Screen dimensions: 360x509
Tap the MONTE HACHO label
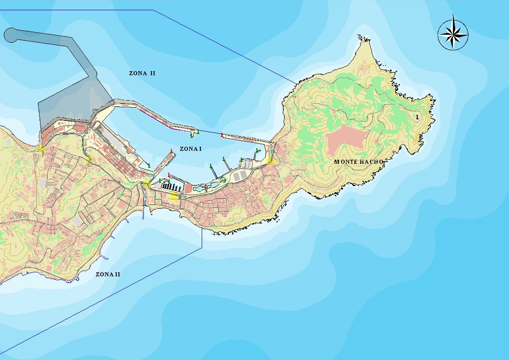point(358,162)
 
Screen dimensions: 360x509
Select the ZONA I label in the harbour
point(191,149)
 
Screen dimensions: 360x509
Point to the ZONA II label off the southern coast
point(108,275)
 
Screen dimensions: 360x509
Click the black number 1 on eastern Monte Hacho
point(417,117)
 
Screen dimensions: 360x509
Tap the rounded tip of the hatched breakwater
point(10,35)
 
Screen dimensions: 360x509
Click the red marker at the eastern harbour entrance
point(222,134)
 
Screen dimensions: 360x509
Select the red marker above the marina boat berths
point(169,175)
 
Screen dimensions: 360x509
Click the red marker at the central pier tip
point(171,151)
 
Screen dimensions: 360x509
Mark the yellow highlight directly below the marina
point(174,196)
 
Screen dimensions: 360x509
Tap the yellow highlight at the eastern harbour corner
point(269,161)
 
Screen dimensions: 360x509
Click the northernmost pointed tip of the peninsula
point(359,37)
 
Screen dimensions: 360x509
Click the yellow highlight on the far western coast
point(41,149)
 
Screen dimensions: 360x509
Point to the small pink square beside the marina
point(188,189)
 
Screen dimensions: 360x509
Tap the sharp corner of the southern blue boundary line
point(202,247)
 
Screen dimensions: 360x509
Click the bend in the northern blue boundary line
point(153,10)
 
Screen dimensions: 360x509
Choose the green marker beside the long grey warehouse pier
point(149,166)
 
